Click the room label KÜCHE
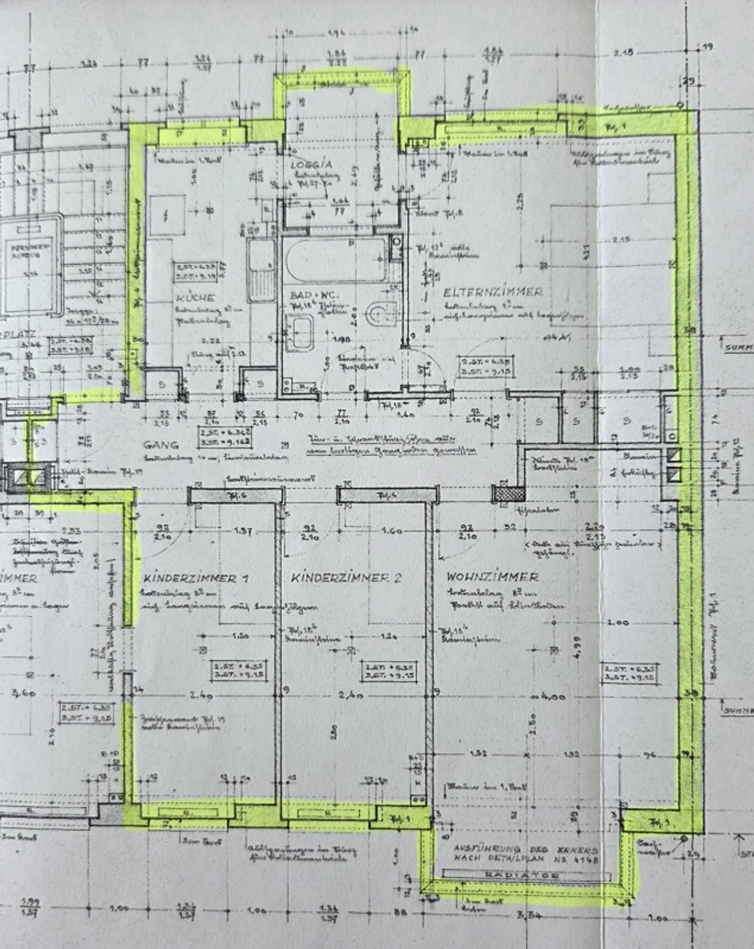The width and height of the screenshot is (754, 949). pos(195,298)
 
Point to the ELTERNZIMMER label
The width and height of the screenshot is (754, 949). pos(493,292)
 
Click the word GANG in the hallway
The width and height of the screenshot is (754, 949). pos(161,445)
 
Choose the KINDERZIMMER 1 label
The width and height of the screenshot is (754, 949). pos(196,578)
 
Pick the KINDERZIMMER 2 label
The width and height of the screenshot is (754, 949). pos(346,578)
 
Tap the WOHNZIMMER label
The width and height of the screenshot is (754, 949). pos(492,577)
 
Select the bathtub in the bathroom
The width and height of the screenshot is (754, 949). pos(336,260)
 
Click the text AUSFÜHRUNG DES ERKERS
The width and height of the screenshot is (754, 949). pos(525,849)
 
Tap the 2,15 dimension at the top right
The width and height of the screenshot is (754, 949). pos(623,52)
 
